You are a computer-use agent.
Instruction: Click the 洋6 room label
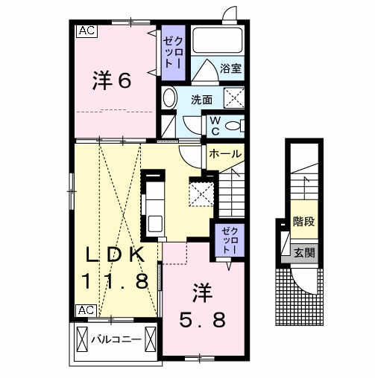pyautogui.click(x=113, y=80)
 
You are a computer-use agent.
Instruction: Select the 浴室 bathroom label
pyautogui.click(x=230, y=69)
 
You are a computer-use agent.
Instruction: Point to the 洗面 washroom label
pyautogui.click(x=201, y=99)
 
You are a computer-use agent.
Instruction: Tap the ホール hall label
pyautogui.click(x=224, y=154)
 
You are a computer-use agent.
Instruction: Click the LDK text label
pyautogui.click(x=113, y=254)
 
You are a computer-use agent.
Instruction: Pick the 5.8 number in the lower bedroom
pyautogui.click(x=201, y=318)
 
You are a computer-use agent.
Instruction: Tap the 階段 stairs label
pyautogui.click(x=303, y=221)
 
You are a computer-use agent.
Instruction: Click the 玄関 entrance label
pyautogui.click(x=303, y=252)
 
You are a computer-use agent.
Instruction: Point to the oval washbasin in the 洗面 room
pyautogui.click(x=169, y=99)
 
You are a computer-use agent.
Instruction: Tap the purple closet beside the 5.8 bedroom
pyautogui.click(x=227, y=239)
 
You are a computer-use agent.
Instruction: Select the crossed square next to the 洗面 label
pyautogui.click(x=234, y=97)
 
